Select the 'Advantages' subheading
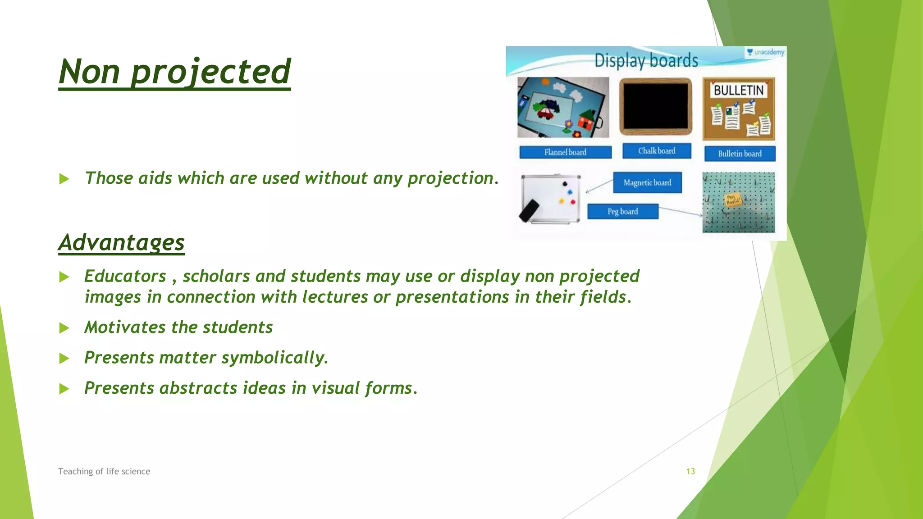point(121,242)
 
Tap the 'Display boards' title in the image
point(646,60)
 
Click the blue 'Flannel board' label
point(565,152)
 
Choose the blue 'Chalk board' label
point(657,151)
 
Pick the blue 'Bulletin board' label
point(740,154)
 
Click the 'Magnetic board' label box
point(647,182)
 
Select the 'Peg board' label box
point(622,211)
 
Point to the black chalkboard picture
point(656,106)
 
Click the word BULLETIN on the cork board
point(738,90)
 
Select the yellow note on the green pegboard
point(732,200)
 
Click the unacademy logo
point(765,52)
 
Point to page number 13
point(690,471)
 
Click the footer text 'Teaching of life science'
point(104,471)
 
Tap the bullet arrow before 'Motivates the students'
point(64,328)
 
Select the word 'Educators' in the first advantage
point(125,276)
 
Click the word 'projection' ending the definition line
point(451,178)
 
